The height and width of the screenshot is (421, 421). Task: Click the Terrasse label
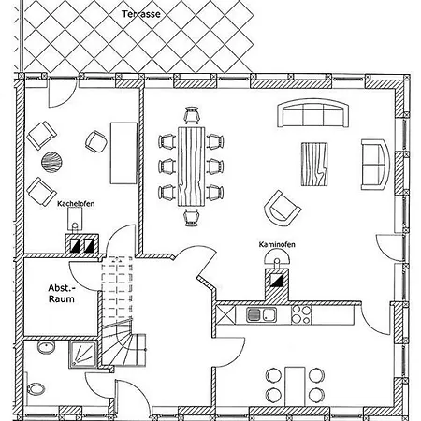click(141, 14)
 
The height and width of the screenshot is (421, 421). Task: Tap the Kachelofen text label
click(76, 204)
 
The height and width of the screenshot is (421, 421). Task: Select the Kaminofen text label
click(277, 244)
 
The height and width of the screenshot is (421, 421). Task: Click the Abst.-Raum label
click(62, 294)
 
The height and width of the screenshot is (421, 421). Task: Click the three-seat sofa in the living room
click(312, 113)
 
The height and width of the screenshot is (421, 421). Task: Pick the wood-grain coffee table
click(314, 164)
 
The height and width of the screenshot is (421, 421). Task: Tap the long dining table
click(192, 167)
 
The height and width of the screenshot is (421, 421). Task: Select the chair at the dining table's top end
click(192, 115)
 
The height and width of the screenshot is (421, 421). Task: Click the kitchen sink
click(261, 314)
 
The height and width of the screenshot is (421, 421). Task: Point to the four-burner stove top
click(301, 314)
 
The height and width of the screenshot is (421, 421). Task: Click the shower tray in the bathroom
click(82, 355)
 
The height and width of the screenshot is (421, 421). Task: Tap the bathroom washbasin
click(46, 347)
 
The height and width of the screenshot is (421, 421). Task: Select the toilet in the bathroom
click(36, 389)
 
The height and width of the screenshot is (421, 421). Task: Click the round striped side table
click(51, 162)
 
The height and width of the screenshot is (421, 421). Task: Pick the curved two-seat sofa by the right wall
click(375, 165)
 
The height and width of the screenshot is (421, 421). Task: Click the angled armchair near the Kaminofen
click(283, 208)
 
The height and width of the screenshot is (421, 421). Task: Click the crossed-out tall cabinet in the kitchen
click(225, 315)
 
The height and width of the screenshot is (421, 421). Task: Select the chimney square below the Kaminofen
click(277, 280)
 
